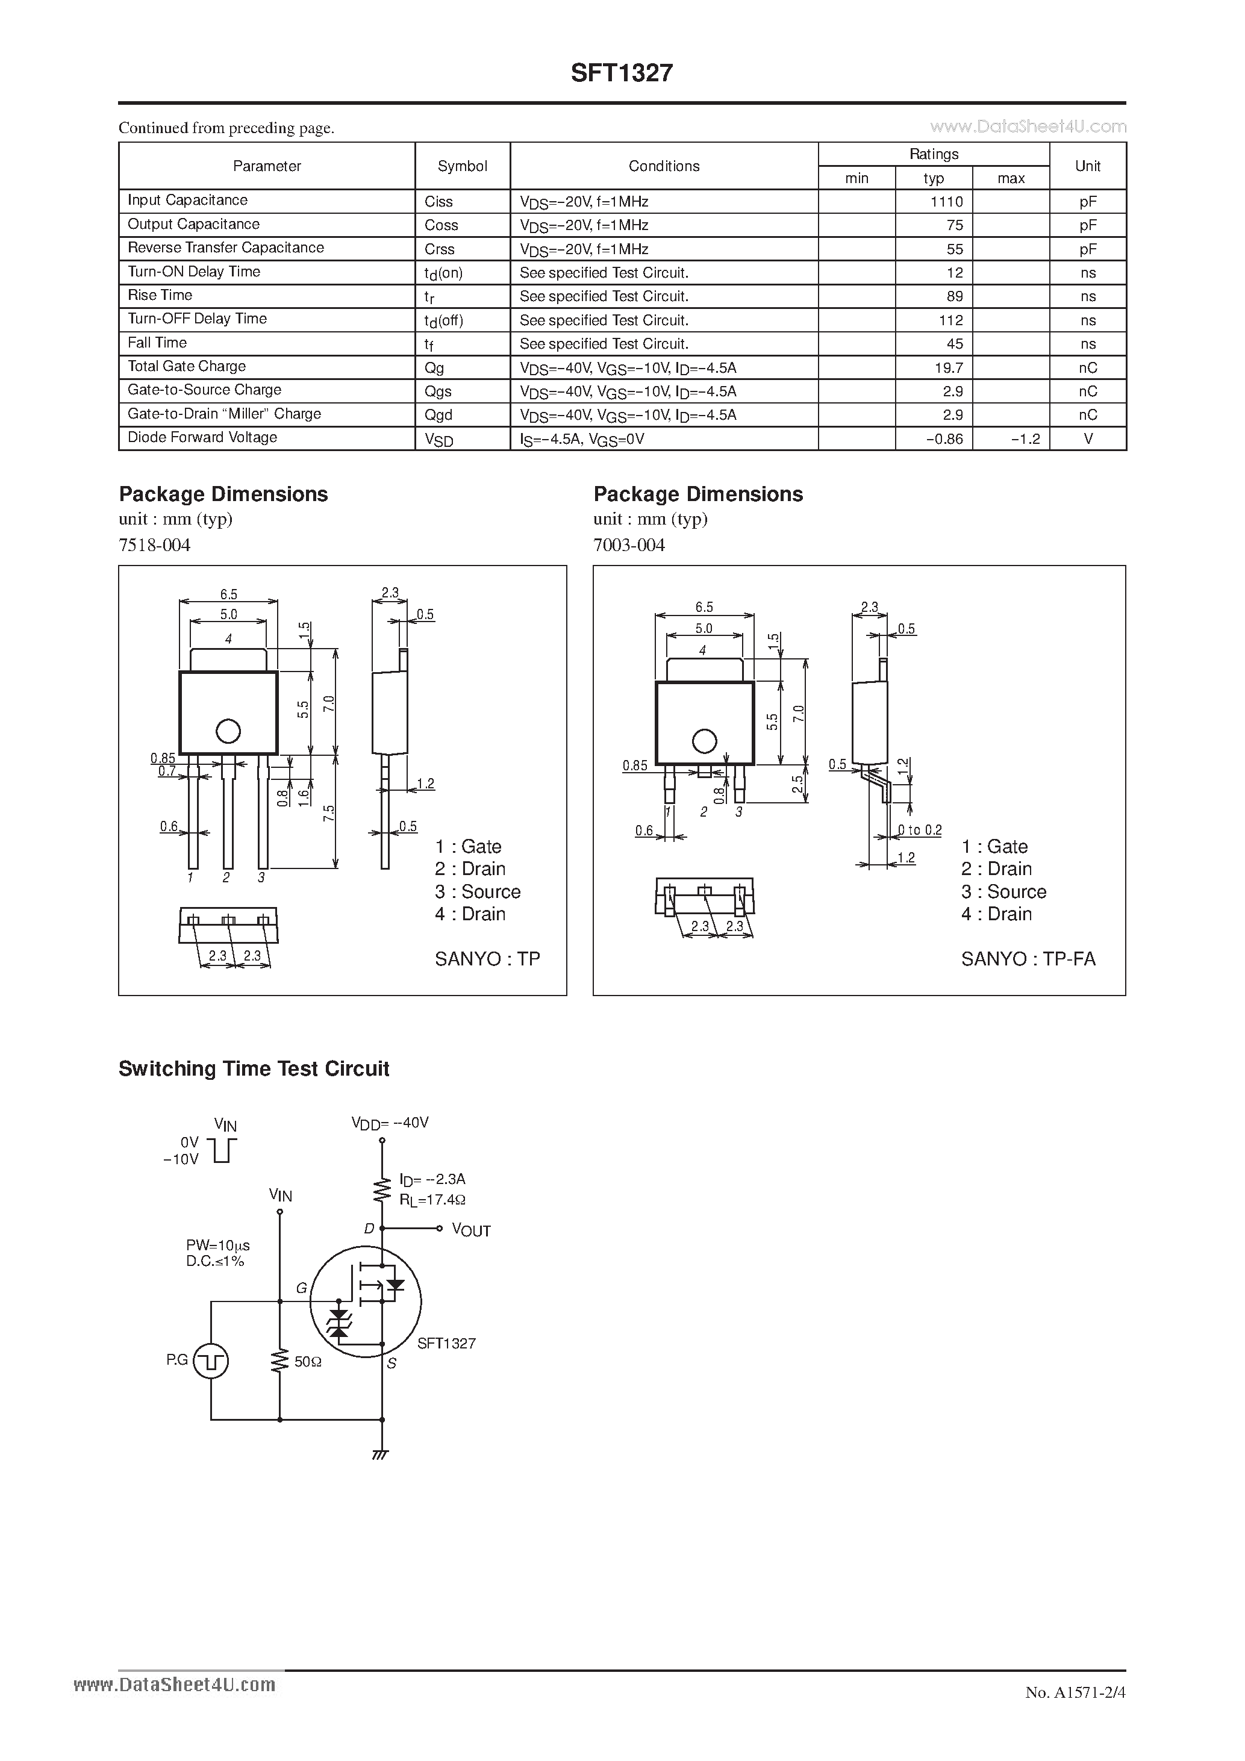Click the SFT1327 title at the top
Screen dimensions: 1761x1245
tap(622, 73)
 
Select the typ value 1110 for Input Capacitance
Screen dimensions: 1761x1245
tap(947, 202)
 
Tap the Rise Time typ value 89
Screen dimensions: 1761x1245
tap(954, 296)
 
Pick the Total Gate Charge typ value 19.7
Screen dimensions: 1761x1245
tap(949, 367)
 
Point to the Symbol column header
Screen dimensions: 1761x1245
tap(462, 166)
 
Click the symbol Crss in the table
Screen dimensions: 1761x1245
tap(440, 249)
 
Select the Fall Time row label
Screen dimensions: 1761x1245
tap(157, 343)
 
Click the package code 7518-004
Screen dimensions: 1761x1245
tap(154, 544)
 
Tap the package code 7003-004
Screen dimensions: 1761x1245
tap(629, 544)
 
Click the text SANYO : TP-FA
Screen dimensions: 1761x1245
tap(1028, 959)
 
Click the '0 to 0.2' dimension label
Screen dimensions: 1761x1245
tap(919, 830)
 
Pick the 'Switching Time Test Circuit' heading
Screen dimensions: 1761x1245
tap(254, 1068)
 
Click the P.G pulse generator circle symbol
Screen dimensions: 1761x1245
tap(210, 1360)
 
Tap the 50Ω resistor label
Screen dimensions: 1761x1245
tap(307, 1361)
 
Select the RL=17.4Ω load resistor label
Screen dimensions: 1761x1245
tap(432, 1199)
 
